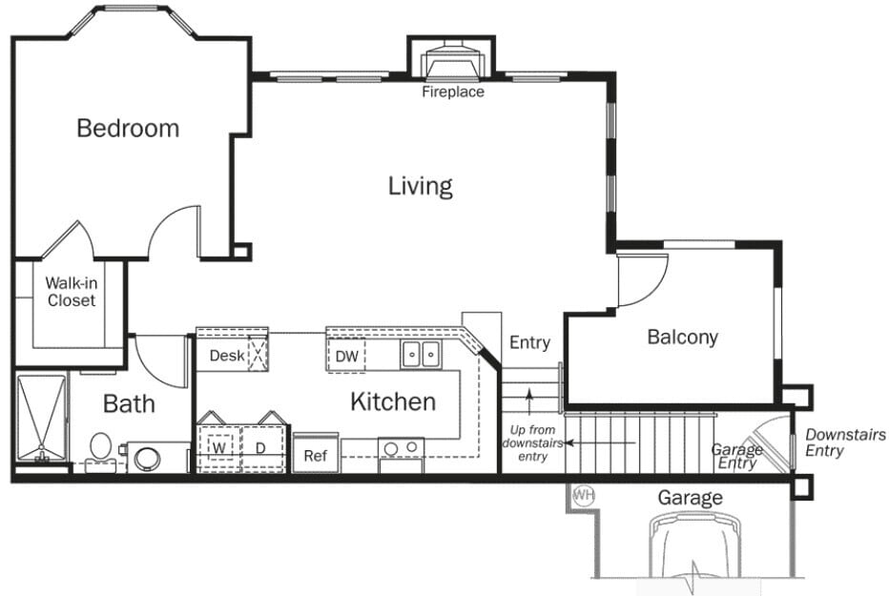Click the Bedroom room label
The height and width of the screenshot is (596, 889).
point(128,128)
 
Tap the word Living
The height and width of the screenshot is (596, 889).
point(420,185)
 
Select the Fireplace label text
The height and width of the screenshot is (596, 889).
point(453,92)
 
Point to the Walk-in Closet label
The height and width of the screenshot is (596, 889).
point(71,292)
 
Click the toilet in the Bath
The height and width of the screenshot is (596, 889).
point(100,446)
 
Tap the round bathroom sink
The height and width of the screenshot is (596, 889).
point(148,459)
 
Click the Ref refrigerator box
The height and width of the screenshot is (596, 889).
point(315,456)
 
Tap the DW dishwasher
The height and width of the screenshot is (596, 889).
point(347,357)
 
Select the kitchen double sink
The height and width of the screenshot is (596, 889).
point(420,356)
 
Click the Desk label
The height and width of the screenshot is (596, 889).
point(228,356)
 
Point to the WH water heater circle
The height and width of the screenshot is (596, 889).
point(583,496)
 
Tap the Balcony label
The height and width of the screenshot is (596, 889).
point(682,337)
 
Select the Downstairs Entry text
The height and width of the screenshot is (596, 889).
point(845,442)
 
